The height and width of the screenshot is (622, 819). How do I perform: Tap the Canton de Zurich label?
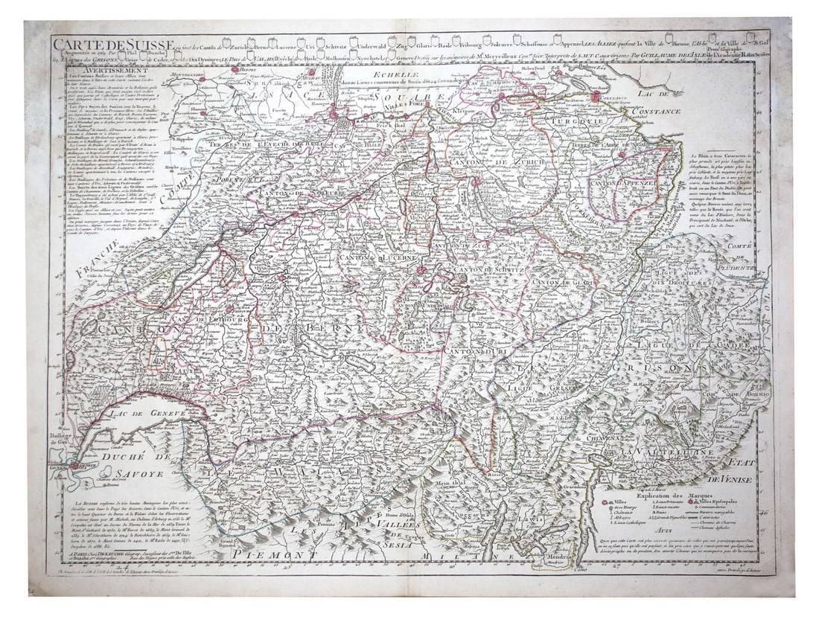[509, 161]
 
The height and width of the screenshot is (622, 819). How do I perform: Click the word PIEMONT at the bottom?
[268, 554]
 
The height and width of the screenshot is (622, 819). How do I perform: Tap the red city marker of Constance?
[596, 97]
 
